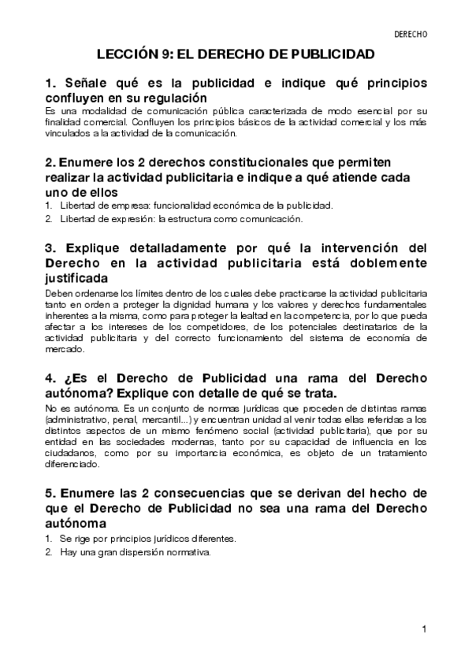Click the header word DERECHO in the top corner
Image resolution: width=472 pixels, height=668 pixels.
410,35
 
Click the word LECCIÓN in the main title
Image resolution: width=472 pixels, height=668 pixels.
129,55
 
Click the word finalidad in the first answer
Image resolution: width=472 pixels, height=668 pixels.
67,123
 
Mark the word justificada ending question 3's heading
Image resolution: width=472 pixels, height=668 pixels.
77,278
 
